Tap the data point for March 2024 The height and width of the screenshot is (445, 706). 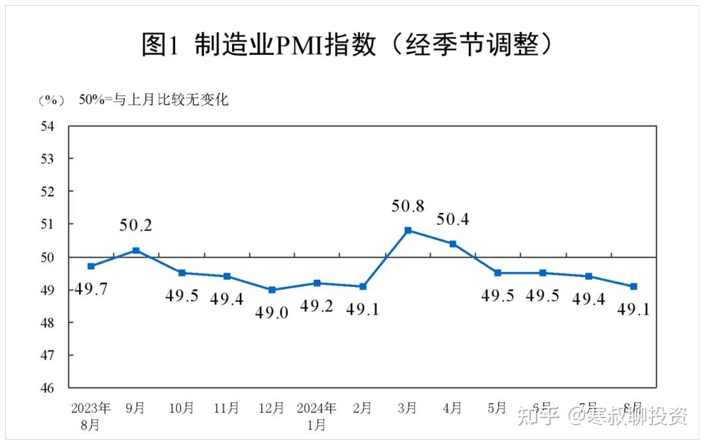coord(408,230)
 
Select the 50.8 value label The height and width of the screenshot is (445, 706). coord(408,206)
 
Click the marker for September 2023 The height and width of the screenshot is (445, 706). coord(136,250)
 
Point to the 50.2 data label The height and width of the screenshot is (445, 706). coord(136,226)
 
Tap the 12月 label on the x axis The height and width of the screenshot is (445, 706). coord(271,408)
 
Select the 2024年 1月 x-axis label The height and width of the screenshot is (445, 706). coord(316,416)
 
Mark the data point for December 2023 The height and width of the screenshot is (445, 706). coord(271,289)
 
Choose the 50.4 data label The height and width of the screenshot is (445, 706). coord(453,220)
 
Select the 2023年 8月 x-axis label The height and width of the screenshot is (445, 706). coord(91,416)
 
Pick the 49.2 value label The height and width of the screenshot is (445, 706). coord(316,305)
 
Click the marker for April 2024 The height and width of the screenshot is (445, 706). coord(453,244)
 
